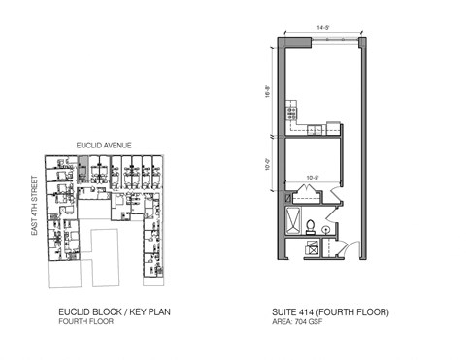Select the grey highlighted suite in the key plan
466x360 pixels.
coord(85,172)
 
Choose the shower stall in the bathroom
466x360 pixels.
coord(292,222)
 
